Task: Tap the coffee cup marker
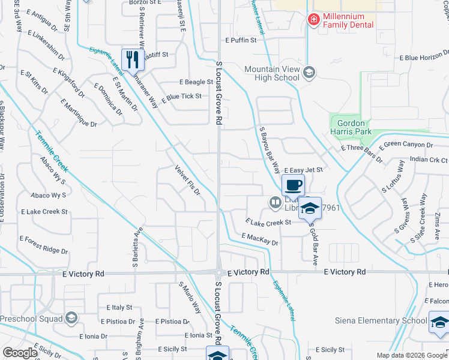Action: [293, 185]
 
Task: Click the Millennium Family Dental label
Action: [348, 20]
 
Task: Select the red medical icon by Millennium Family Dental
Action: [313, 20]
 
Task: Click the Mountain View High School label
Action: [271, 73]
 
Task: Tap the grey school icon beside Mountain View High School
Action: [309, 73]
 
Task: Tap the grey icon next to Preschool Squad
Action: [71, 317]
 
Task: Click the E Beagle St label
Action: [196, 82]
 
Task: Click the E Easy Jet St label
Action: [304, 170]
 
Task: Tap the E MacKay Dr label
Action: [260, 240]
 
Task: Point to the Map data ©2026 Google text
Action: [412, 355]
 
